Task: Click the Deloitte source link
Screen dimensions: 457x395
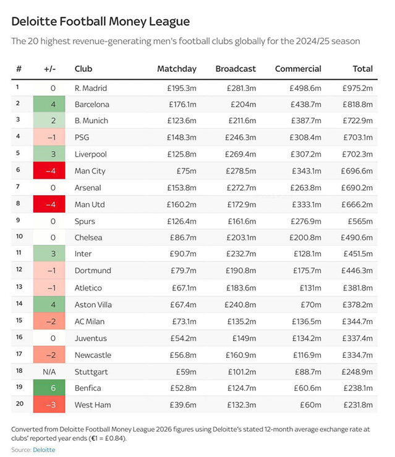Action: pos(44,450)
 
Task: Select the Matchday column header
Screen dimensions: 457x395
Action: pos(177,69)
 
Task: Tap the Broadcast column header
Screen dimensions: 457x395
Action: pos(235,69)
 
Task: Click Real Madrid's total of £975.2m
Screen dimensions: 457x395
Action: pos(357,88)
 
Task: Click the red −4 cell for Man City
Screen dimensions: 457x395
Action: pos(49,171)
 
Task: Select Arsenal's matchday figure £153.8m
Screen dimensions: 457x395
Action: pos(182,188)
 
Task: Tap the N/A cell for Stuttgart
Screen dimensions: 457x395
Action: pos(49,371)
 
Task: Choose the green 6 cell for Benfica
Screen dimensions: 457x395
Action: pos(49,388)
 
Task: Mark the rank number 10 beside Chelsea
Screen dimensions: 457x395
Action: pos(19,237)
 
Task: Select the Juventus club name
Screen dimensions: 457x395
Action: pos(90,338)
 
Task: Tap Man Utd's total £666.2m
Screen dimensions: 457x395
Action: pos(357,204)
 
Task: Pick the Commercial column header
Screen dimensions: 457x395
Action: pos(298,69)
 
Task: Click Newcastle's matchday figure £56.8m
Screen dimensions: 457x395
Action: pos(184,354)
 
